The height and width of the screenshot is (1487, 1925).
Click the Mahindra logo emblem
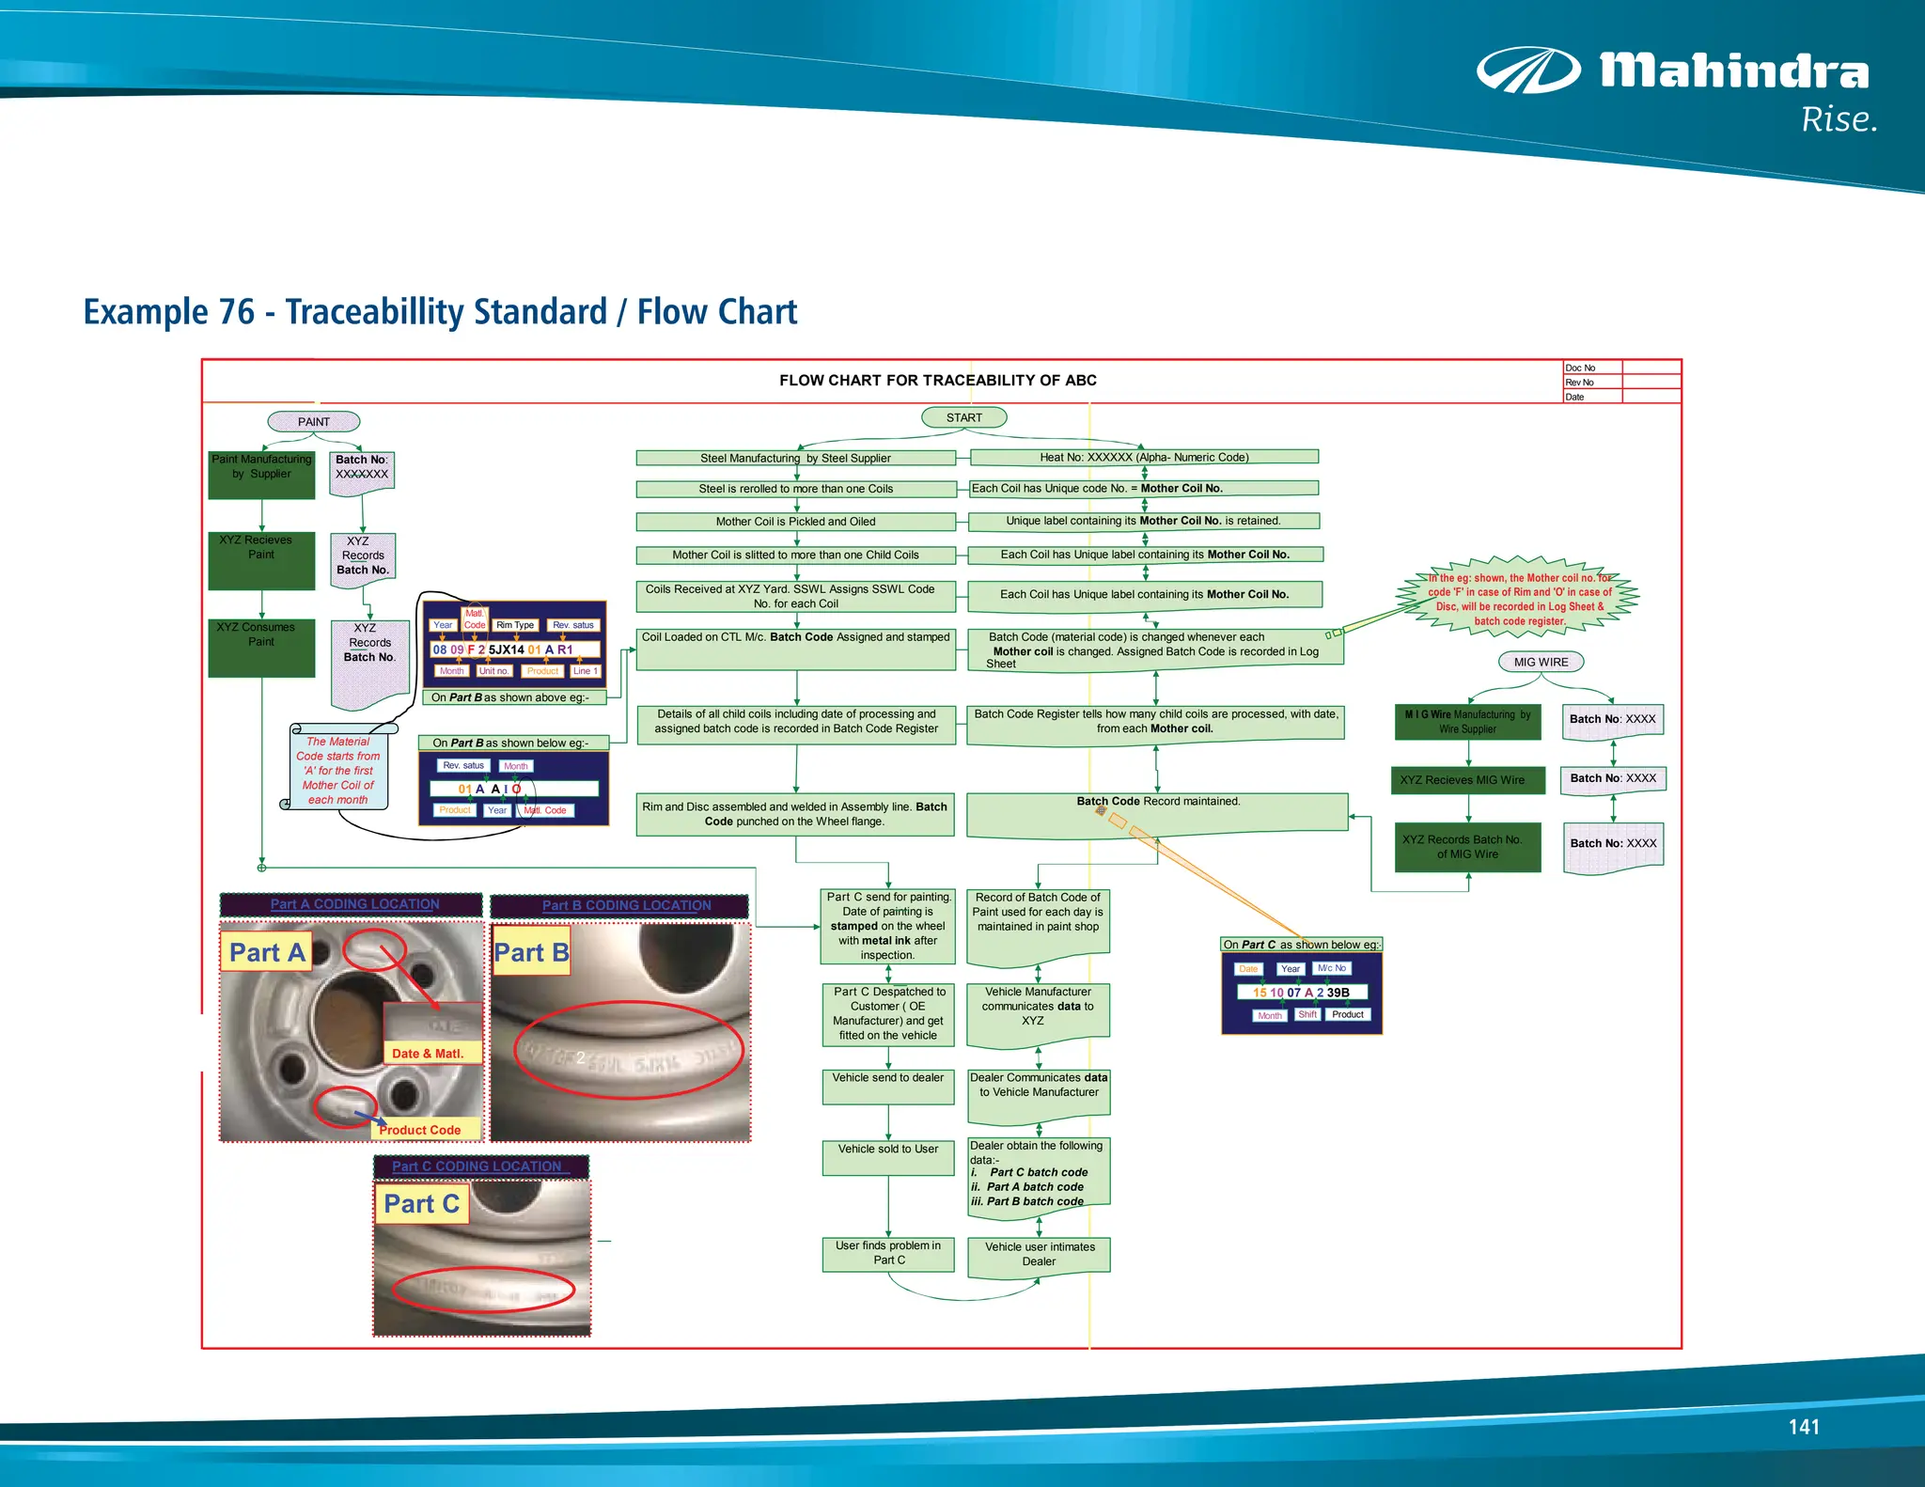[1527, 70]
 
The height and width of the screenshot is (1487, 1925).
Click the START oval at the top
[963, 417]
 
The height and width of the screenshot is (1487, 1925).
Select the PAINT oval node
[314, 422]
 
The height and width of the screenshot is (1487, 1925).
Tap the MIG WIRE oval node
[1541, 662]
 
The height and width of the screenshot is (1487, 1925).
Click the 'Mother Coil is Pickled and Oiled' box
[795, 522]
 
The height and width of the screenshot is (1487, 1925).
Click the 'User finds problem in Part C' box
[887, 1253]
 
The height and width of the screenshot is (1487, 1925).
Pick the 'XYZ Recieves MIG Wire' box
[1467, 780]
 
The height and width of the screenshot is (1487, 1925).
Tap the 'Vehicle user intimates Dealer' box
[1039, 1254]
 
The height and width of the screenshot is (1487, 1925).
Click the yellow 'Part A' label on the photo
[267, 952]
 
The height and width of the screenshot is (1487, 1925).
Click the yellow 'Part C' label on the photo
[421, 1204]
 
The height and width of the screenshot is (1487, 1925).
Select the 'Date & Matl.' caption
[428, 1054]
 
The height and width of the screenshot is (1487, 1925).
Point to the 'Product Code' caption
[420, 1130]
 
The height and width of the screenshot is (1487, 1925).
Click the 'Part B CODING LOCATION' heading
[626, 905]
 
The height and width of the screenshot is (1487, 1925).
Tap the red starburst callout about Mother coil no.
[1519, 599]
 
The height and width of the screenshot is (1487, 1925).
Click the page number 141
[1803, 1427]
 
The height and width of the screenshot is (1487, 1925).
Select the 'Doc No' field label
[1580, 368]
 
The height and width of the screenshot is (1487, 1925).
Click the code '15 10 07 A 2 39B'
[1301, 992]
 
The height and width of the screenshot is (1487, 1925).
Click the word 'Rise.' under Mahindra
[1839, 120]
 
